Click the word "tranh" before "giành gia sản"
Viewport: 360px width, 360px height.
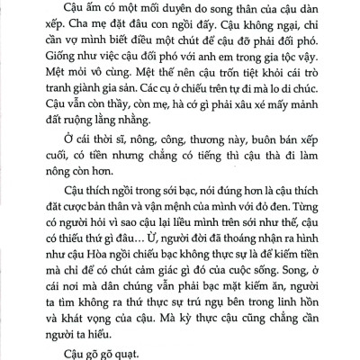[49, 113]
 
